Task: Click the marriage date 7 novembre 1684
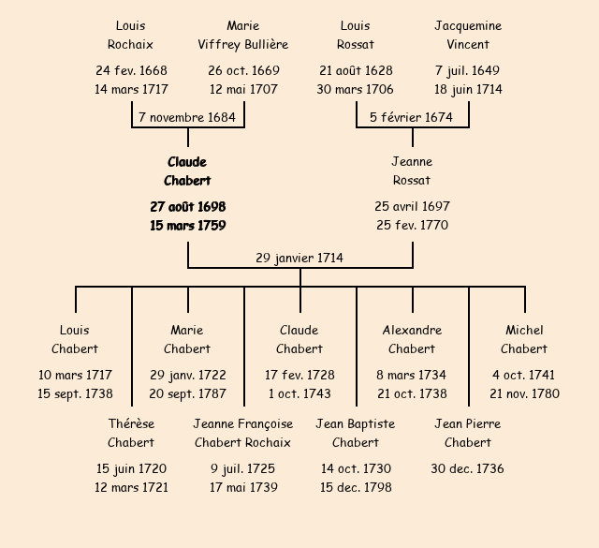[x=187, y=118]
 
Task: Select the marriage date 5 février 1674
[x=412, y=118]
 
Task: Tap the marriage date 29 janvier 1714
[x=299, y=258]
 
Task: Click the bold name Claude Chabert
[x=187, y=171]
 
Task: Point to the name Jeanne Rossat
[x=412, y=171]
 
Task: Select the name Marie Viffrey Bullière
[x=243, y=35]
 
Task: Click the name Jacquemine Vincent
[x=468, y=35]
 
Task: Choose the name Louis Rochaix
[x=131, y=35]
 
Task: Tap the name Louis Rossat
[x=356, y=35]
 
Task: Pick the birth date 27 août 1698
[x=187, y=206]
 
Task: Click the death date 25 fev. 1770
[x=412, y=226]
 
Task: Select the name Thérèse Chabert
[x=131, y=433]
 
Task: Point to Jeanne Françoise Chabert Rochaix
[x=243, y=433]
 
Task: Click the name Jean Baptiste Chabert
[x=356, y=433]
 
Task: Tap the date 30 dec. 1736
[x=468, y=468]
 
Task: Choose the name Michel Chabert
[x=524, y=339]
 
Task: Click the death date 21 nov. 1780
[x=524, y=394]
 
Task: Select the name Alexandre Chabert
[x=412, y=339]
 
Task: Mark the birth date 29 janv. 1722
[x=187, y=375]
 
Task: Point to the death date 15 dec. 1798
[x=356, y=488]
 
